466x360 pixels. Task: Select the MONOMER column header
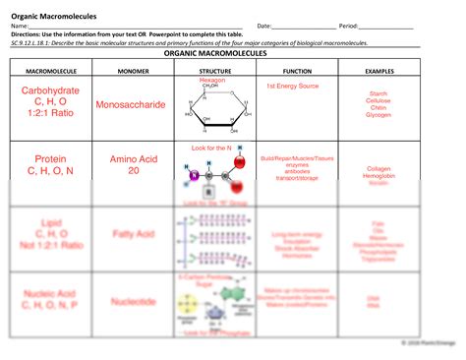tap(136, 72)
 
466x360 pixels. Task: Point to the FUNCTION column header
tap(297, 72)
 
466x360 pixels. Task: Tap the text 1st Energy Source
tap(292, 87)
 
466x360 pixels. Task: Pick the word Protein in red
tap(50, 159)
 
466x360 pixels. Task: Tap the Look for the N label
tap(208, 149)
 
